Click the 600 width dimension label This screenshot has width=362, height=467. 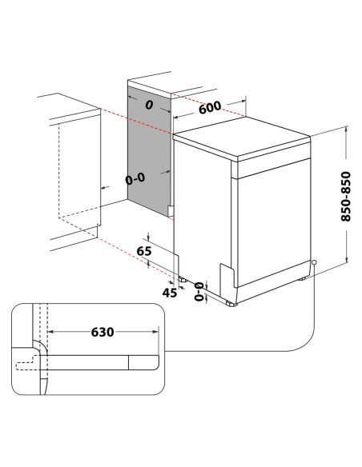click(x=211, y=108)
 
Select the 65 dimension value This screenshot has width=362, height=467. click(x=144, y=251)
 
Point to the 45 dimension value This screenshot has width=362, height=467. click(x=169, y=293)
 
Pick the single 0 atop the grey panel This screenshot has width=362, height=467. click(x=149, y=104)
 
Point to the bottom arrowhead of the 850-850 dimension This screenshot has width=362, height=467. click(x=346, y=260)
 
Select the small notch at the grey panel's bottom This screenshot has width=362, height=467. click(x=171, y=211)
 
